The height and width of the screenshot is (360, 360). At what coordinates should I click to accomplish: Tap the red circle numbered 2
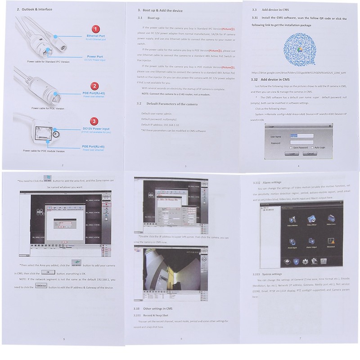coord(95,85)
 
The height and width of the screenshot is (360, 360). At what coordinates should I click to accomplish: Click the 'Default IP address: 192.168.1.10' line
coord(160,125)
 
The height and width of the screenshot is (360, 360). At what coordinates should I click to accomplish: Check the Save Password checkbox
coord(291,147)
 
